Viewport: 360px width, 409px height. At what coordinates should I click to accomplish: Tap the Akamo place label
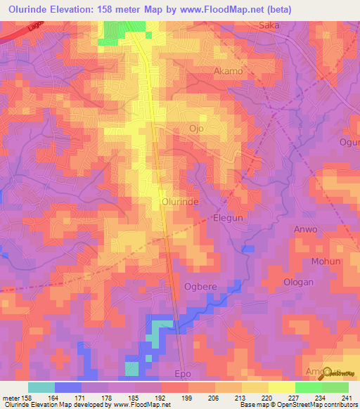tap(228, 72)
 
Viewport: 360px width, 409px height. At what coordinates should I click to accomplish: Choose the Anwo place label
tap(305, 230)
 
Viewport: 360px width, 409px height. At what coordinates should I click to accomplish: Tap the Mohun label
tap(326, 261)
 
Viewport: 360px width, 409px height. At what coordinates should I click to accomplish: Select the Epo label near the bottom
tap(182, 374)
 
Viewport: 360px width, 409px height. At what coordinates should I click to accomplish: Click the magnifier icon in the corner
tap(330, 375)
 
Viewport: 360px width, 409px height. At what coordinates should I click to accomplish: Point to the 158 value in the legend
tap(25, 398)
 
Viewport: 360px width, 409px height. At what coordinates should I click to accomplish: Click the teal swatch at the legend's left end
tap(41, 387)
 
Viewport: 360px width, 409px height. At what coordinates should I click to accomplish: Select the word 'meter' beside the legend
tap(11, 398)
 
